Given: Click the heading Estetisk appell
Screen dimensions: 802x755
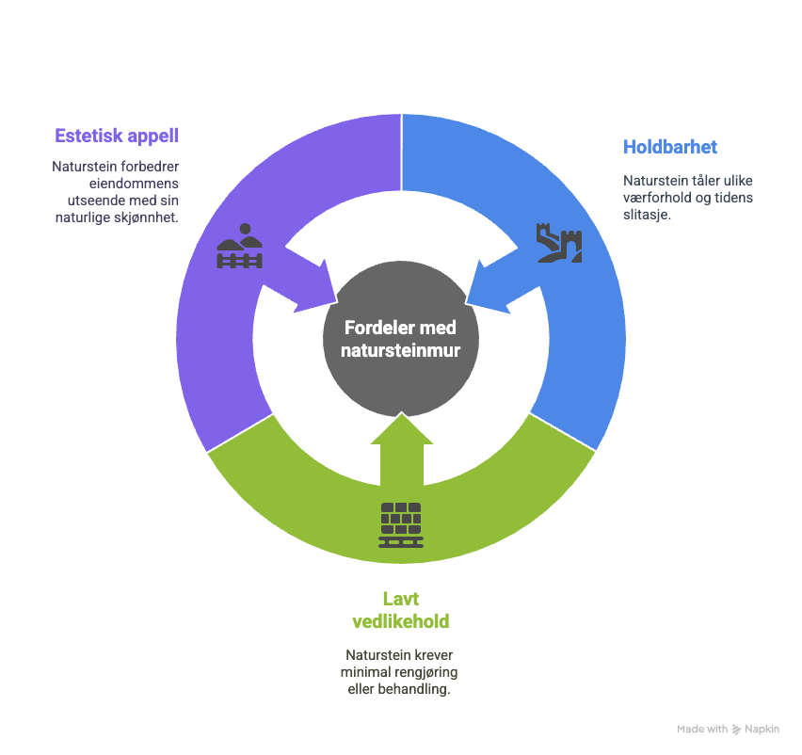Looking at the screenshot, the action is [117, 137].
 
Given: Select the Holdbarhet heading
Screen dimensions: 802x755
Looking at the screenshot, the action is [670, 147].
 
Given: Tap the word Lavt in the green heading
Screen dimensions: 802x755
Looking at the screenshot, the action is [401, 599].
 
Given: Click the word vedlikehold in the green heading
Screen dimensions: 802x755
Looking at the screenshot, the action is [401, 621].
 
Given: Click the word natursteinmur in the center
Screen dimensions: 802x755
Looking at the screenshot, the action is [401, 351].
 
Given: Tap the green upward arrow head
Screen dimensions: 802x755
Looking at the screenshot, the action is [402, 428].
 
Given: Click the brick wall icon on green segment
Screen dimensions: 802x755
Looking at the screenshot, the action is [401, 525].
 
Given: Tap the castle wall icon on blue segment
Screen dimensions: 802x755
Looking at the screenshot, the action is [559, 243].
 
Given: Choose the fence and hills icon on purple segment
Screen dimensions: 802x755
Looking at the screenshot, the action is [239, 246].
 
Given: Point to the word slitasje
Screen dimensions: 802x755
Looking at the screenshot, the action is [647, 215].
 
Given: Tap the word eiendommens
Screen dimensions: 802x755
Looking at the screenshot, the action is [134, 184].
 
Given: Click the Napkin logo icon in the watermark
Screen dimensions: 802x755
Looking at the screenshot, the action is [736, 730].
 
